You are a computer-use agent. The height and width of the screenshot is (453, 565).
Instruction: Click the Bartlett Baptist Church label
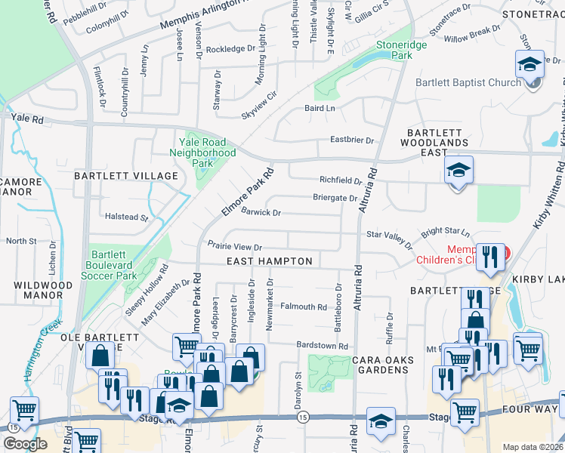pyautogui.click(x=468, y=82)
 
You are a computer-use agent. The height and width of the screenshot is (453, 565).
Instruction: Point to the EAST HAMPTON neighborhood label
pyautogui.click(x=270, y=261)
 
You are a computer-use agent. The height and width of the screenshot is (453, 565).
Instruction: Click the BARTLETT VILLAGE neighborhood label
pyautogui.click(x=125, y=176)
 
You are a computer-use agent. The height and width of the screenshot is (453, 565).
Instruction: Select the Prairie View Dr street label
pyautogui.click(x=235, y=247)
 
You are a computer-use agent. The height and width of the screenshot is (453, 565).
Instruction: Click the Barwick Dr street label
pyautogui.click(x=261, y=213)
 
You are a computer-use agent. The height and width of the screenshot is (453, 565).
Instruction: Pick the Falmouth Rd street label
pyautogui.click(x=304, y=307)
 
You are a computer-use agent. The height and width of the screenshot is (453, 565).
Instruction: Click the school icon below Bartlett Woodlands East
pyautogui.click(x=458, y=171)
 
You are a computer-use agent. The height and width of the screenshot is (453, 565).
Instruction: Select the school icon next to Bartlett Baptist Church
pyautogui.click(x=530, y=65)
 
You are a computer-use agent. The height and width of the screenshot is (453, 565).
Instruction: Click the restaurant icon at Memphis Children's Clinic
pyautogui.click(x=491, y=258)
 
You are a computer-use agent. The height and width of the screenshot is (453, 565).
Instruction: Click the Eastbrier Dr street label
pyautogui.click(x=353, y=140)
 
